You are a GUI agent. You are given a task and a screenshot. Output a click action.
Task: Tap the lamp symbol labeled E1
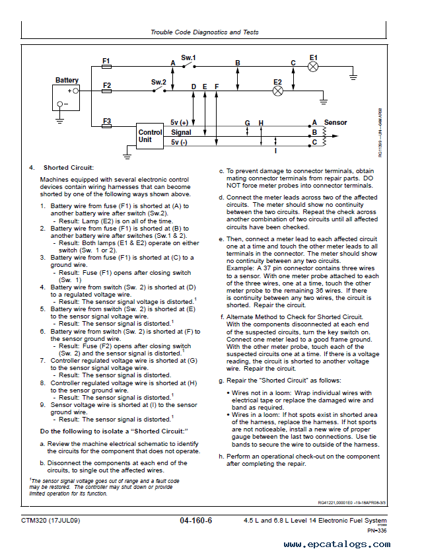pyautogui.click(x=313, y=67)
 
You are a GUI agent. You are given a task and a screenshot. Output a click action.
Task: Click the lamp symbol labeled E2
pyautogui.click(x=278, y=91)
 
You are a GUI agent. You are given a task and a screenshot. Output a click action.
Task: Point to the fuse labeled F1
pyautogui.click(x=106, y=67)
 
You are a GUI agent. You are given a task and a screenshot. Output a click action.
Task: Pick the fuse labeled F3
pyautogui.click(x=106, y=126)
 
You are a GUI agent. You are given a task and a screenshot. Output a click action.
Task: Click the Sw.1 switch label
pyautogui.click(x=188, y=57)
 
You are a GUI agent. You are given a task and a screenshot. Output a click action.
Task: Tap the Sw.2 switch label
pyautogui.click(x=159, y=82)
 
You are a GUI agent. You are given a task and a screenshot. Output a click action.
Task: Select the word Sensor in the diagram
pyautogui.click(x=336, y=122)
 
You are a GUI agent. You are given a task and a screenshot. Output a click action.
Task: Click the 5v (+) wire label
pyautogui.click(x=179, y=122)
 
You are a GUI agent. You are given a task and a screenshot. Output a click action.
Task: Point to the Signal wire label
pyautogui.click(x=181, y=132)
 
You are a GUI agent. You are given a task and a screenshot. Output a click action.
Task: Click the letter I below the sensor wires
pyautogui.click(x=275, y=151)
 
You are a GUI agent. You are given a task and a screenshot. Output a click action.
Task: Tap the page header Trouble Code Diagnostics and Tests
pyautogui.click(x=205, y=32)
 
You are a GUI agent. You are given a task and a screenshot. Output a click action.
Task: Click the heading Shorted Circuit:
pyautogui.click(x=69, y=168)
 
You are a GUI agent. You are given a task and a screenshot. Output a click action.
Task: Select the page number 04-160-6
pyautogui.click(x=195, y=521)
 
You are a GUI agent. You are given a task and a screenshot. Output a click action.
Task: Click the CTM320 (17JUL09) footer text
pyautogui.click(x=51, y=521)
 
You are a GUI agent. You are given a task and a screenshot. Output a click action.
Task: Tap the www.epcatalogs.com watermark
pyautogui.click(x=337, y=544)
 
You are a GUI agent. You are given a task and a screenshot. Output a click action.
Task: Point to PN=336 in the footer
pyautogui.click(x=377, y=530)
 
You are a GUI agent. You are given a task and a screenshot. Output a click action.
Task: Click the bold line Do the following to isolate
pyautogui.click(x=114, y=431)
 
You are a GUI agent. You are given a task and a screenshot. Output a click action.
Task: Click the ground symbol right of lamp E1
pyautogui.click(x=353, y=77)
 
